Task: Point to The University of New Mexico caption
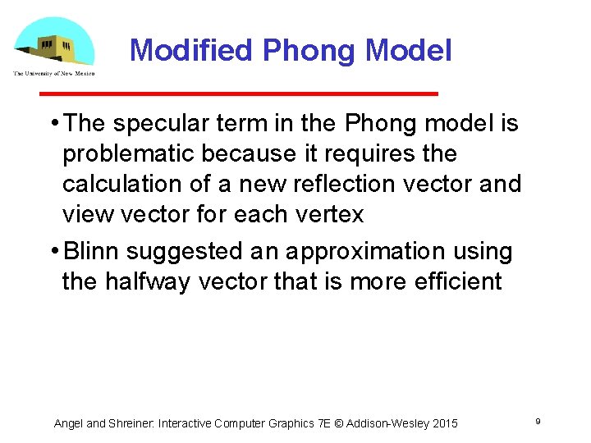53,74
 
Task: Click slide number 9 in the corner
537,421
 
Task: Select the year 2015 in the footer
443,423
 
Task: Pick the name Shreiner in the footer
131,423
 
